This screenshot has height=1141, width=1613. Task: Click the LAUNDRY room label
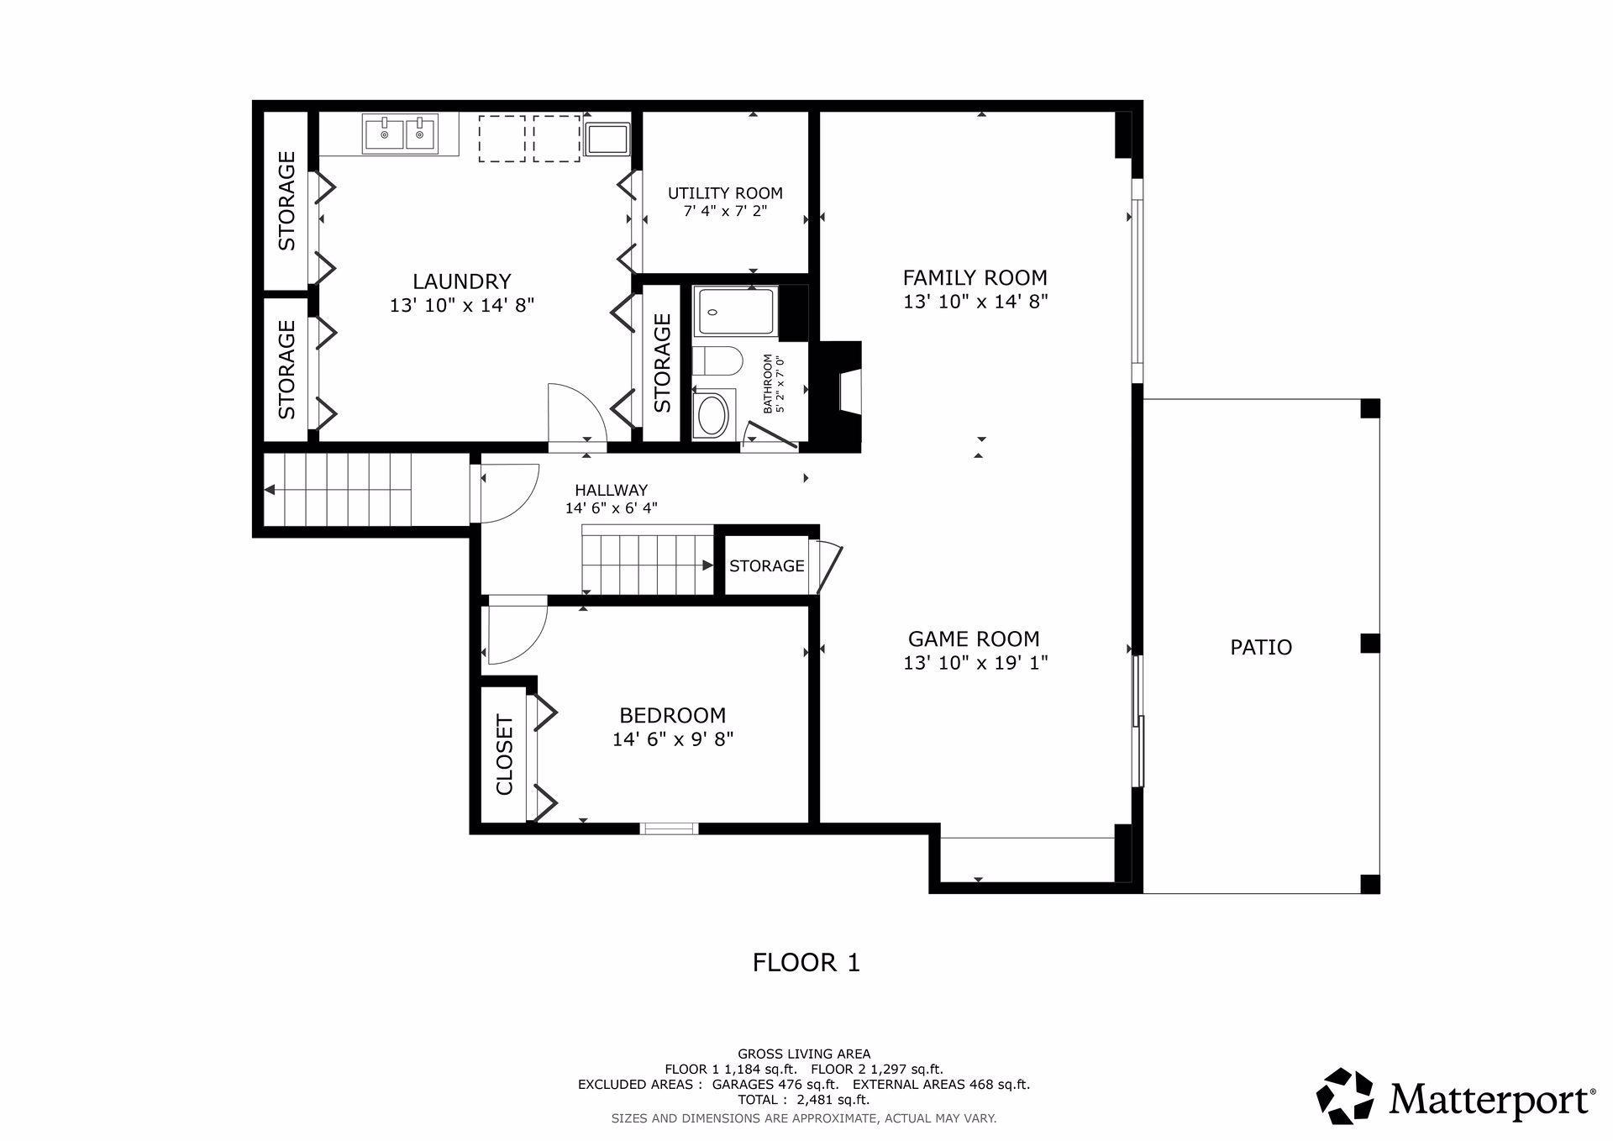click(461, 281)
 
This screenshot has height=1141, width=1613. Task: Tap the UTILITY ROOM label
click(725, 193)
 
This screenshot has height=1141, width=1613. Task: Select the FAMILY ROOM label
click(975, 277)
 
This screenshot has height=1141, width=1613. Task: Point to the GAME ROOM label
click(974, 639)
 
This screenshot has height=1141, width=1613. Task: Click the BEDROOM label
click(672, 715)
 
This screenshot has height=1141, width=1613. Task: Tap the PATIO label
click(1261, 647)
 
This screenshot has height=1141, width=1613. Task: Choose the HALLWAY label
click(611, 490)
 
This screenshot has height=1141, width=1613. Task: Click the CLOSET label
click(504, 755)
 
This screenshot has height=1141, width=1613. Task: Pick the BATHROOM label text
click(767, 384)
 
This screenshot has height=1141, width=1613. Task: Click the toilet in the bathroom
click(717, 362)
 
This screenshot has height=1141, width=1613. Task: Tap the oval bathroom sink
click(713, 415)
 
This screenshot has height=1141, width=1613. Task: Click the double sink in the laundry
click(401, 133)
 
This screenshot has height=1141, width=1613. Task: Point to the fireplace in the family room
click(841, 396)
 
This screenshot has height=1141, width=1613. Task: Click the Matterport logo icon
click(1345, 1096)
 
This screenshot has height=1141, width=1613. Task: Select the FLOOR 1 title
click(806, 962)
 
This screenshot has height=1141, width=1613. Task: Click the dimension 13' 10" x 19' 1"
click(975, 663)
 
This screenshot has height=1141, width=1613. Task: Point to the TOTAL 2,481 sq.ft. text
click(804, 1100)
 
